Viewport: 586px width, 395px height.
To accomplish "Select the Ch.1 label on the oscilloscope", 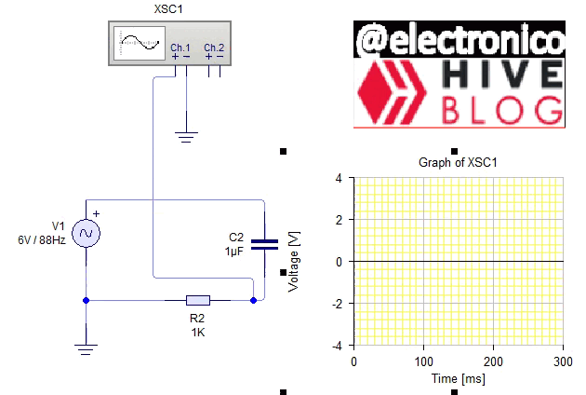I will coord(180,48).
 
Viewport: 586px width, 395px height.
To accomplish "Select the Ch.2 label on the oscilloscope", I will coord(214,48).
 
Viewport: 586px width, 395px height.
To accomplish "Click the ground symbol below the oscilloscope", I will coord(187,137).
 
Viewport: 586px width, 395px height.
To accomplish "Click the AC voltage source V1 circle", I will coord(86,233).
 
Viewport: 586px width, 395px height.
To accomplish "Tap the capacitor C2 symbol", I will coord(265,244).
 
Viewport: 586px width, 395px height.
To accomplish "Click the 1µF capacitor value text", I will coord(233,252).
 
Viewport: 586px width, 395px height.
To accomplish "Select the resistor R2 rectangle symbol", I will coord(197,300).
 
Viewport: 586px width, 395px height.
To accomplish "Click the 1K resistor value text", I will coord(197,332).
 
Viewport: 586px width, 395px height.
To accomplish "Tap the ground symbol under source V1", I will coord(86,348).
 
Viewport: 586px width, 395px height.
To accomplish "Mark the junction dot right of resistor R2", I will coord(253,300).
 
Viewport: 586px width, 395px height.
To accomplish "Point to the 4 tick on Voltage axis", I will coord(340,178).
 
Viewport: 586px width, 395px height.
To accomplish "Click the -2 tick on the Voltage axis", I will coord(338,304).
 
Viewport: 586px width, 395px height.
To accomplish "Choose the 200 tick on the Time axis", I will coord(494,361).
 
